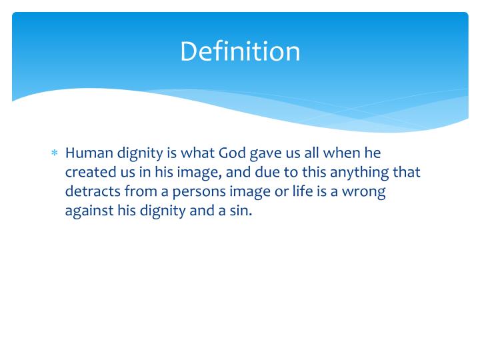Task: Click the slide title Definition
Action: [240, 51]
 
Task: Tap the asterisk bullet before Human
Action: [55, 154]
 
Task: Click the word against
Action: [88, 211]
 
